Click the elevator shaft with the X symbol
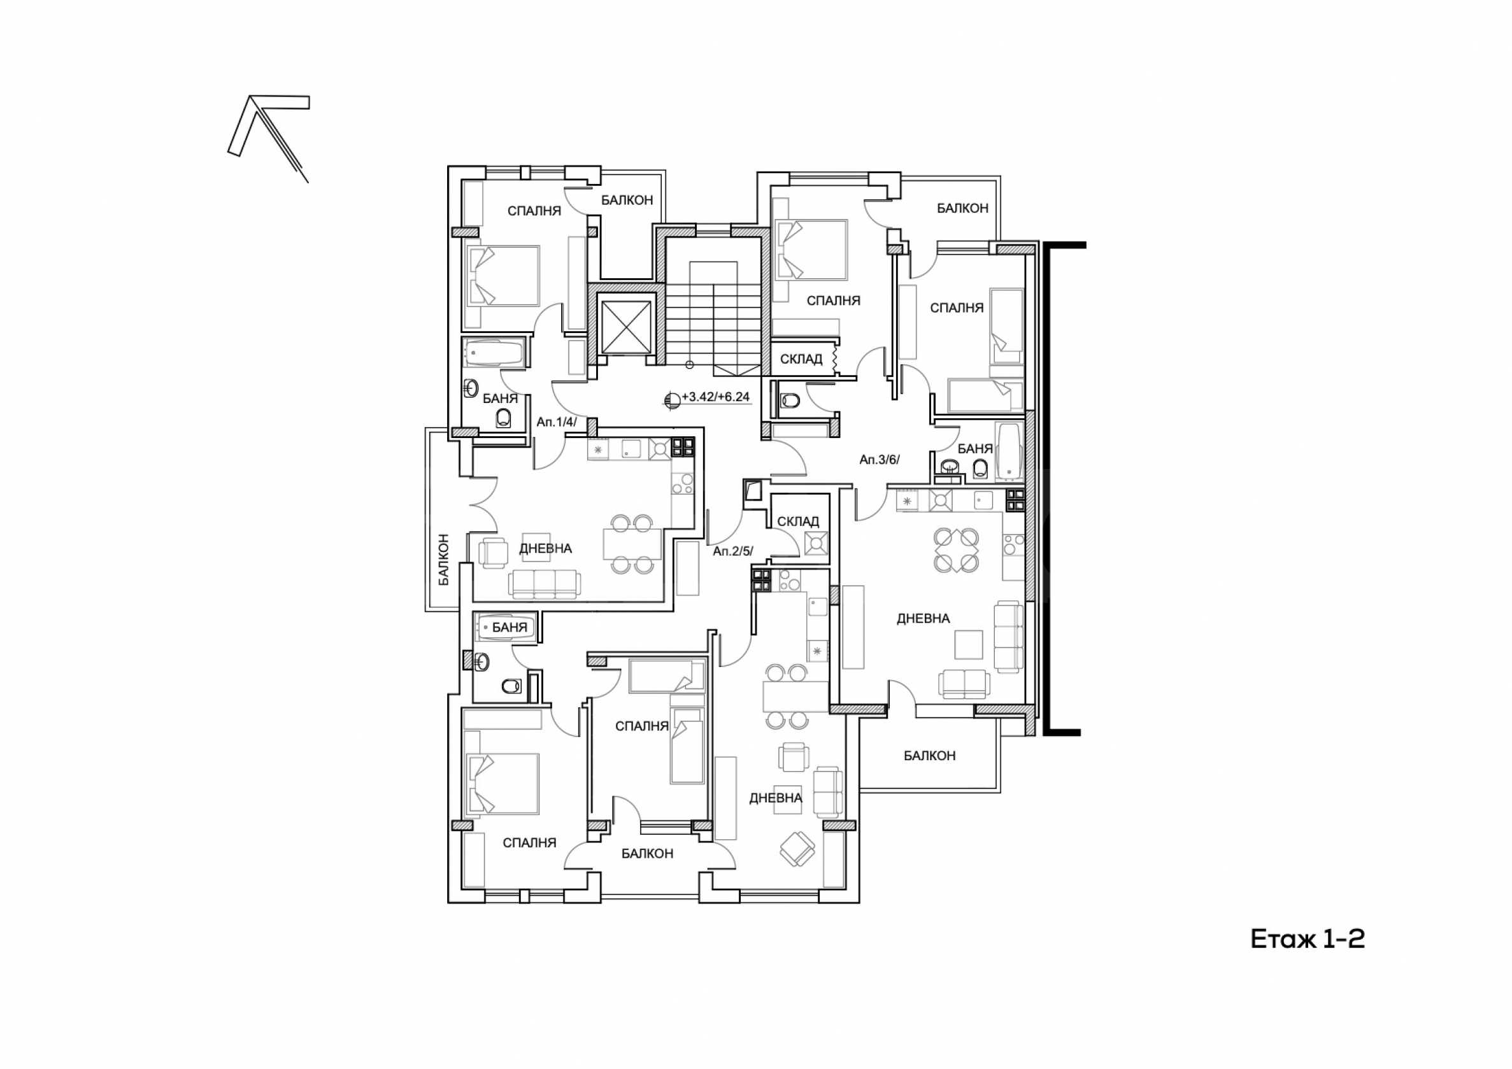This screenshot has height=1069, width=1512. point(625,328)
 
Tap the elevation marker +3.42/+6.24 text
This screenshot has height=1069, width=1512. point(715,397)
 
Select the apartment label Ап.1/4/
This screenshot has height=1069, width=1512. point(556,422)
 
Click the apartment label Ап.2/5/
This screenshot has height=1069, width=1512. point(732,551)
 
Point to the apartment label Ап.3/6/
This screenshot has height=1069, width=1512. point(879,460)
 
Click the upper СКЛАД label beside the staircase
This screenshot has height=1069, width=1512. point(801,358)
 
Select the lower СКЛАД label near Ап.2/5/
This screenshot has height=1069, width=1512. point(798,521)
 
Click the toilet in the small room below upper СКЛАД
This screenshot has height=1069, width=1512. point(789,400)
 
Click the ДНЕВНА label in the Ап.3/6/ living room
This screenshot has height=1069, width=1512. point(924,618)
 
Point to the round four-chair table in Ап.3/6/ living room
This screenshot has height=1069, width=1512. point(956,549)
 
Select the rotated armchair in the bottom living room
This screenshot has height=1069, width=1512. point(798,849)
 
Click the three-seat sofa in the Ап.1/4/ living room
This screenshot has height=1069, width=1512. point(545,584)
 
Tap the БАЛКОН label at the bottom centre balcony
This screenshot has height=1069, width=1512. point(647,854)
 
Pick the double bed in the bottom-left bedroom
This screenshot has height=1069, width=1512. point(503,783)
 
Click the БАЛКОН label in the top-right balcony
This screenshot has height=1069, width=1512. point(963,208)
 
